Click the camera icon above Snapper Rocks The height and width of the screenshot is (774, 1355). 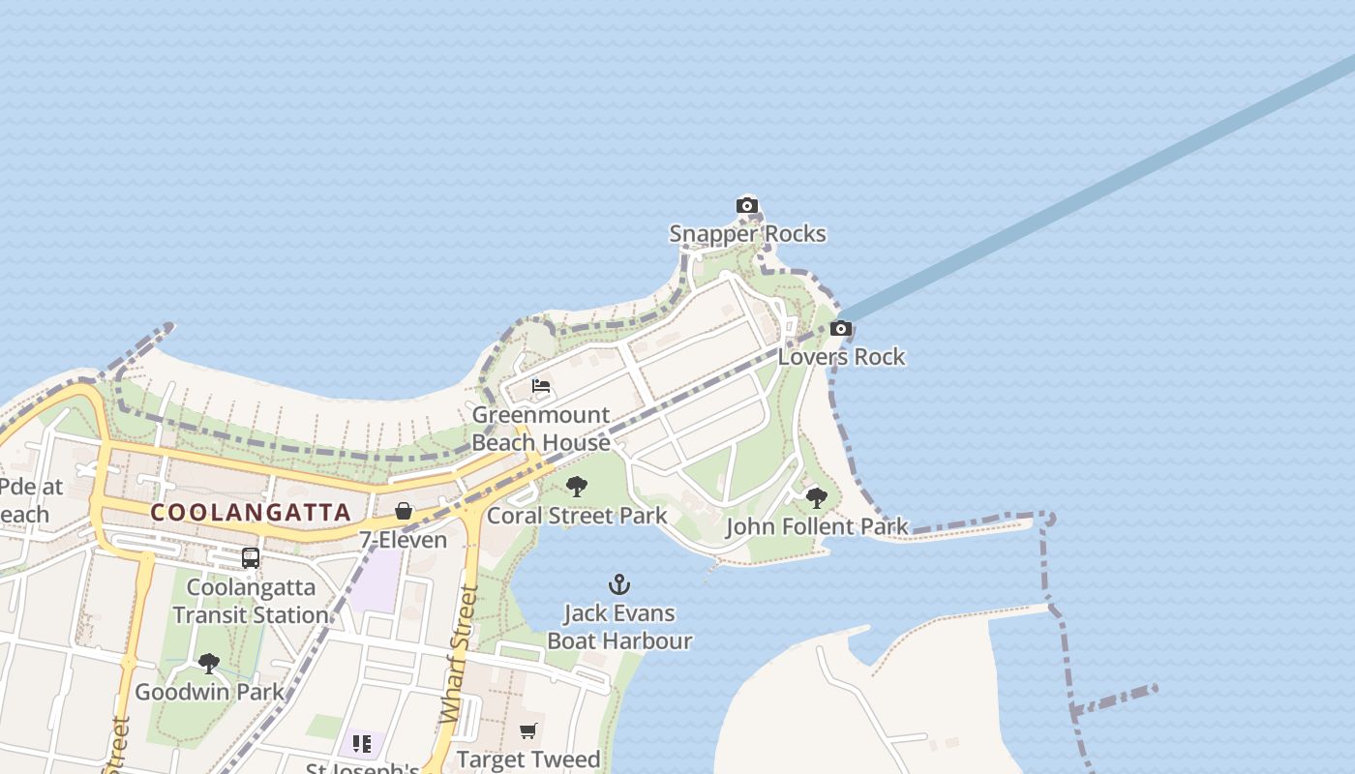[x=746, y=205]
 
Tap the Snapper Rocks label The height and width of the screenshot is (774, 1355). [x=747, y=234]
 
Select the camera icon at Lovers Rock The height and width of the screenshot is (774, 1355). [x=840, y=329]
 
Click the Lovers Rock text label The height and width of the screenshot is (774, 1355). [x=841, y=357]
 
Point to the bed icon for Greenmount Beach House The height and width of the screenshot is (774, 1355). [x=541, y=387]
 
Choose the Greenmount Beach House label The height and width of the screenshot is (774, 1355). [x=541, y=429]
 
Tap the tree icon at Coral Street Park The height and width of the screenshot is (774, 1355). [x=577, y=487]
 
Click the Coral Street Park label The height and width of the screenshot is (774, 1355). [x=577, y=516]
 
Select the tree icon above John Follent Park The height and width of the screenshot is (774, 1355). [x=816, y=498]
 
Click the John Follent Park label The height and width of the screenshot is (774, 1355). [x=817, y=527]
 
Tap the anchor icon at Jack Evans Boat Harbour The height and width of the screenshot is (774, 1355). [x=619, y=584]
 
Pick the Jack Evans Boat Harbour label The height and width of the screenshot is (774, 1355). [x=619, y=627]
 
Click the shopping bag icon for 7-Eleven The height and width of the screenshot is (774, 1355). [x=404, y=511]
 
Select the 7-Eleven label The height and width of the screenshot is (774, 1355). [x=404, y=540]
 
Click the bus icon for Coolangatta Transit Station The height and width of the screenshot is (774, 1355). [x=251, y=558]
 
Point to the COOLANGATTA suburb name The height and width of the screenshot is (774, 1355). [x=251, y=513]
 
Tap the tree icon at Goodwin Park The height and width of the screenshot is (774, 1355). [x=209, y=663]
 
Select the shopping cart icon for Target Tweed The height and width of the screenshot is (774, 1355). [x=527, y=731]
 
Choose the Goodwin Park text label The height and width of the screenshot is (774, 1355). [x=209, y=692]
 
